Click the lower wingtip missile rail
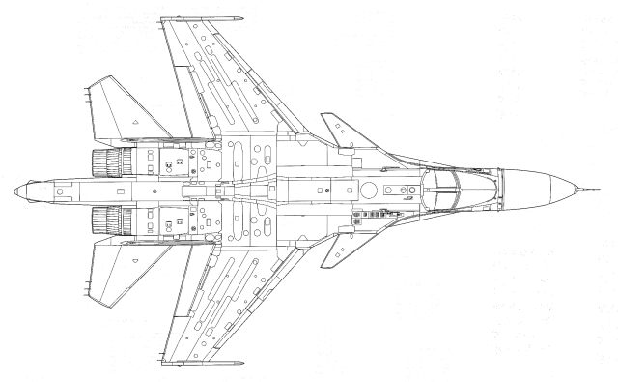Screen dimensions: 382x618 click(203, 363)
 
